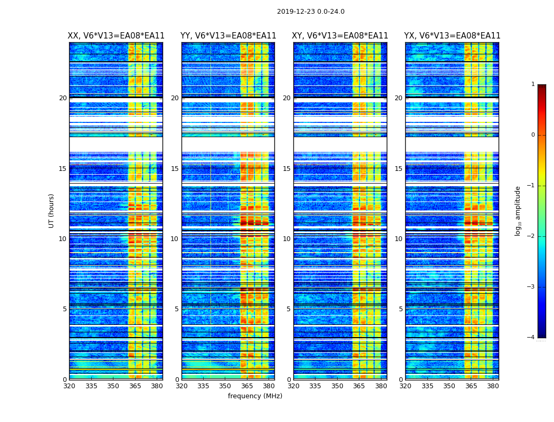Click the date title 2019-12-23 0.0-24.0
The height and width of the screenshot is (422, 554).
coord(310,12)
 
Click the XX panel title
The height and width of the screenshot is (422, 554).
coord(116,36)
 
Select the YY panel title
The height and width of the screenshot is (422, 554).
coord(228,36)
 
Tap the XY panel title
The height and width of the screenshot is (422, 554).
coord(340,36)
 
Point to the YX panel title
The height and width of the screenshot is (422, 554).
coord(452,36)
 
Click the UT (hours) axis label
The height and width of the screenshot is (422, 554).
coord(52,210)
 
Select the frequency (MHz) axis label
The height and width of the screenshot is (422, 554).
coord(255,396)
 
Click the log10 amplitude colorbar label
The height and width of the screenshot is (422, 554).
coord(518,210)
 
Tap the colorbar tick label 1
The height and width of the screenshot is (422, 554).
coord(533,84)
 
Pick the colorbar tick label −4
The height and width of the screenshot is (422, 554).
coord(531,338)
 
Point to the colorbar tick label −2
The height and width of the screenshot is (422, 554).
coord(531,236)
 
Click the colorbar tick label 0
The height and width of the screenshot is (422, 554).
coord(533,135)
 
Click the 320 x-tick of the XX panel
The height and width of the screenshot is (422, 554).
coord(69,386)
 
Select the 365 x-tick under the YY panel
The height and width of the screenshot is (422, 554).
coord(247,386)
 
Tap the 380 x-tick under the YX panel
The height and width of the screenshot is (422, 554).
coord(493,386)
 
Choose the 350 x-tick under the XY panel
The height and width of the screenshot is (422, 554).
coord(337,386)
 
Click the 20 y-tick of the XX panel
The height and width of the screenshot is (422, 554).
coord(63,98)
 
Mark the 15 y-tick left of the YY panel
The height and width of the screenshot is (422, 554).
coord(175,169)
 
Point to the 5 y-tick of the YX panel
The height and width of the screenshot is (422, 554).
coord(400,309)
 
